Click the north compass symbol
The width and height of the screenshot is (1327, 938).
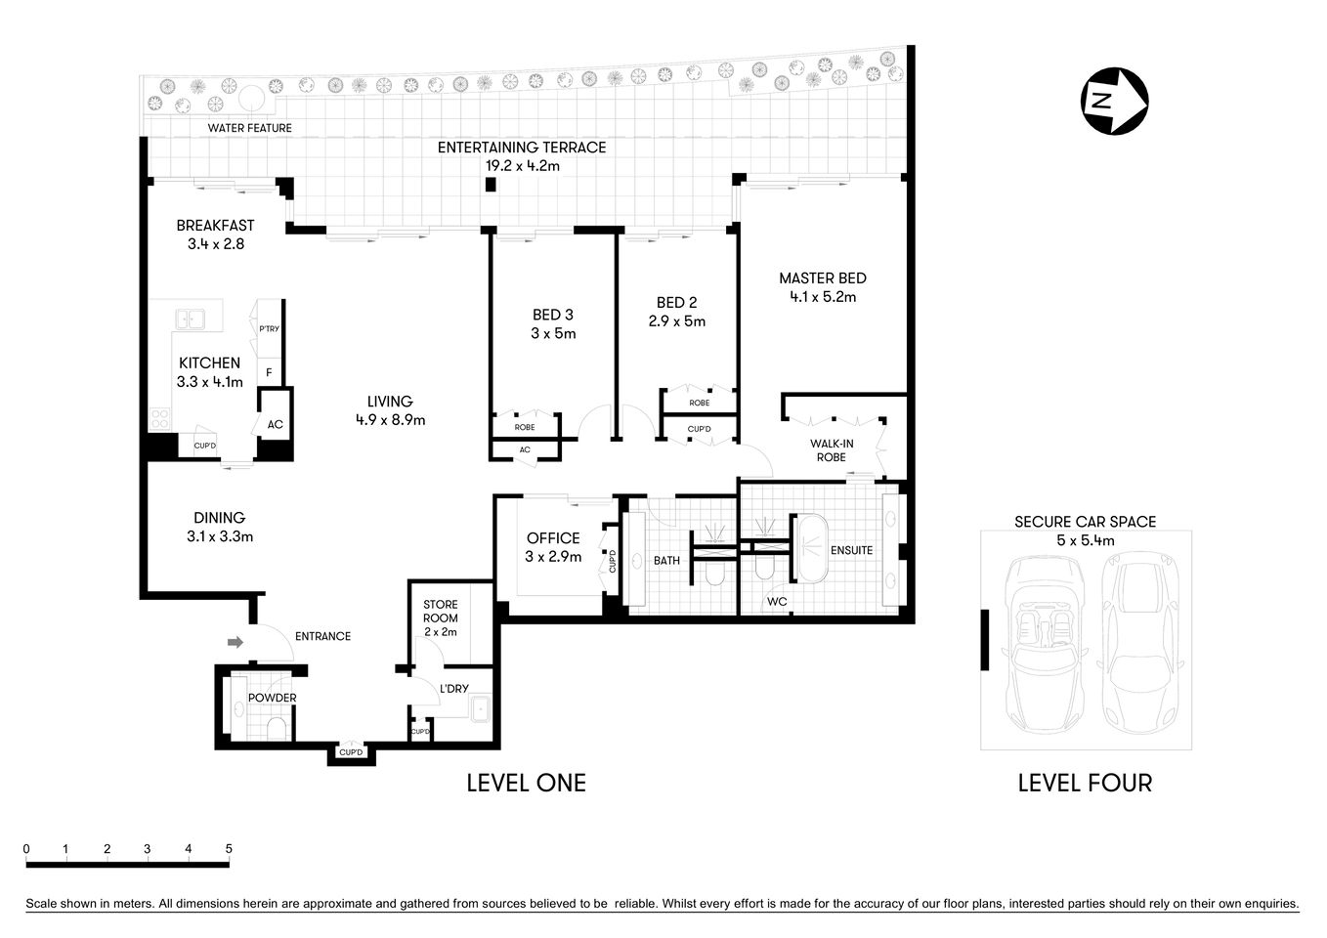1114,101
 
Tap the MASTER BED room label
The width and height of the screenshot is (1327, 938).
822,278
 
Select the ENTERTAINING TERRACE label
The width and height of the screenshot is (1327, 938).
522,148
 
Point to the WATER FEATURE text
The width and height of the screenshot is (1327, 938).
249,128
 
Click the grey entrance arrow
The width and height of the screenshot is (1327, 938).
235,642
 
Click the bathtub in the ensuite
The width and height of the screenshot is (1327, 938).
810,550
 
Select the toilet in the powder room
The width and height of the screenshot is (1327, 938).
277,728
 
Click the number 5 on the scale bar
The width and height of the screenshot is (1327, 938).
229,848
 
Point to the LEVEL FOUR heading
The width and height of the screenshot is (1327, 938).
1085,783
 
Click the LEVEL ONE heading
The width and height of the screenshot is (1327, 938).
526,783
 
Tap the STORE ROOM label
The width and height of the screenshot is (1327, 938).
440,611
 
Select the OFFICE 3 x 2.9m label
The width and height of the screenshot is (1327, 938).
553,547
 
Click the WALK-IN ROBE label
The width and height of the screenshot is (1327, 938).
831,450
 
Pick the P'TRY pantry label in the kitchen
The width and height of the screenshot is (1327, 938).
269,329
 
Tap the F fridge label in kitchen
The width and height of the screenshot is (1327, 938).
269,372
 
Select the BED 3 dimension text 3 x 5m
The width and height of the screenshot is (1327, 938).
553,333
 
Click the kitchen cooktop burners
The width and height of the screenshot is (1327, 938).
160,420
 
